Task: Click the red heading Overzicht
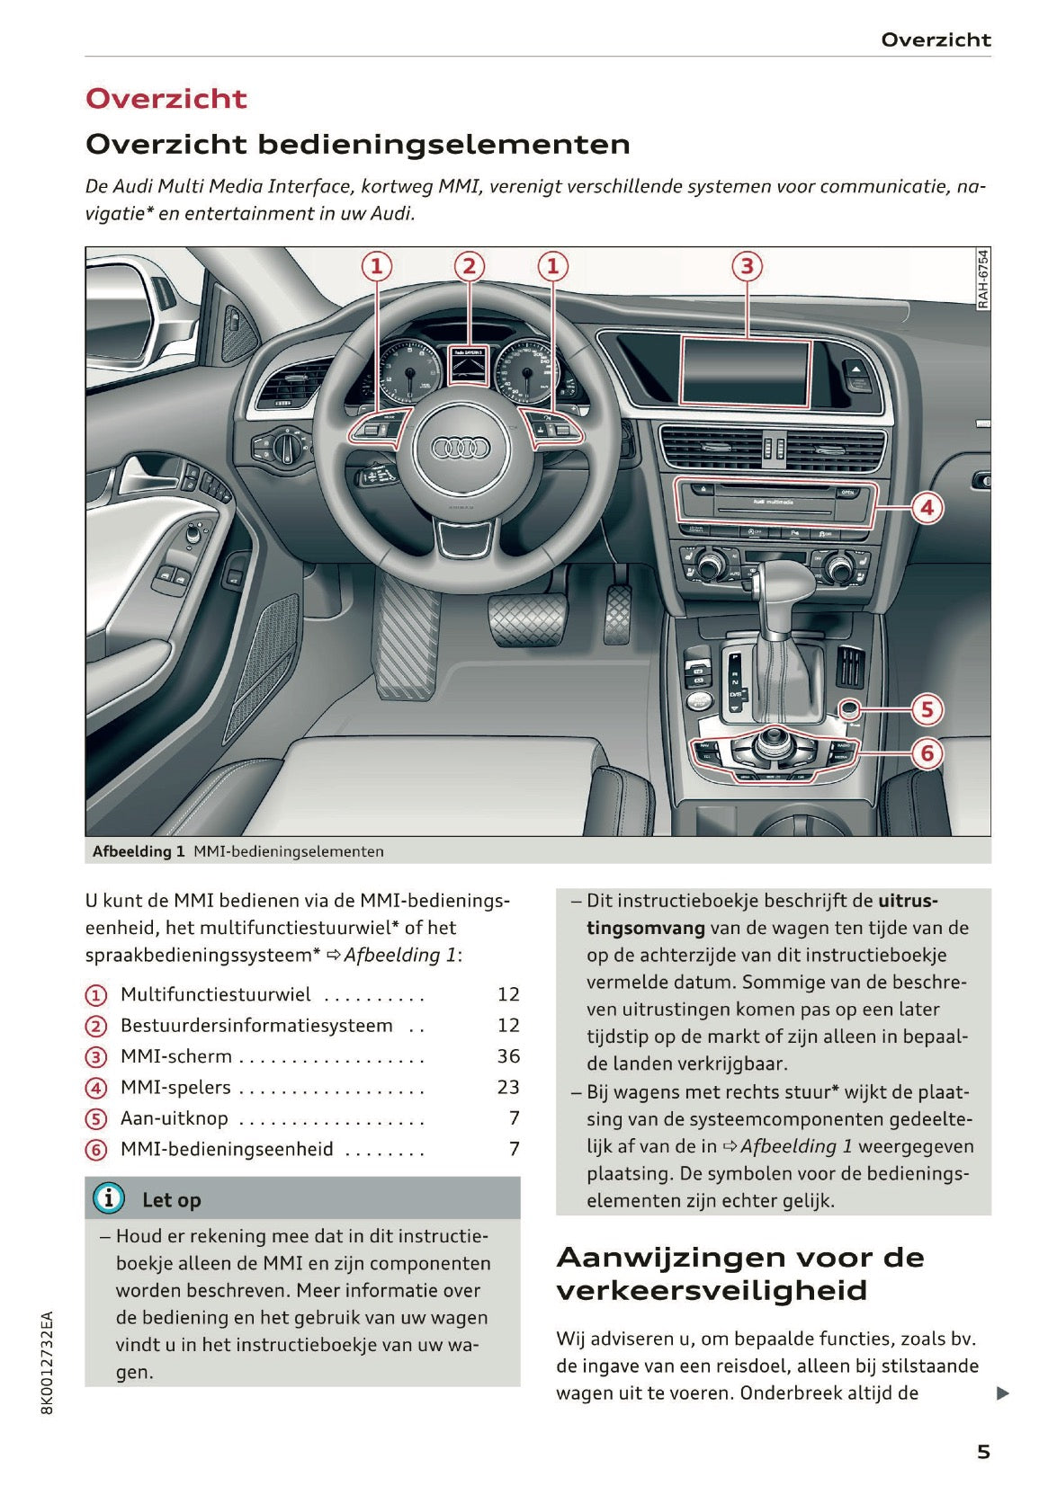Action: [x=166, y=99]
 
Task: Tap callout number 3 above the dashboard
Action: [x=746, y=266]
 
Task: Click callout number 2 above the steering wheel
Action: [x=468, y=266]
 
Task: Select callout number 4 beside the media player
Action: [x=927, y=508]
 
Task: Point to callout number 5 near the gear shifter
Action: [x=927, y=710]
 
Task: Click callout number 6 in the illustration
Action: [x=927, y=752]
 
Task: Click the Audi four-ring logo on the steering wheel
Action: [x=460, y=448]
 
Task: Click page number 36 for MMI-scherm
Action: [x=508, y=1056]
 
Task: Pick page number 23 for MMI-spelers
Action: [x=508, y=1087]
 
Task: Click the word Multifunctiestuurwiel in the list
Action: [x=216, y=994]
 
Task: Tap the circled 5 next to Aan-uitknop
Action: [x=96, y=1119]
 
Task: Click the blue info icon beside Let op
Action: [x=109, y=1198]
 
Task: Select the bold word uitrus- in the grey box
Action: [x=907, y=901]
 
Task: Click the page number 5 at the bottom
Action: [x=983, y=1452]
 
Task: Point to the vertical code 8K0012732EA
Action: [x=48, y=1362]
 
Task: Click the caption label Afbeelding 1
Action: [x=139, y=851]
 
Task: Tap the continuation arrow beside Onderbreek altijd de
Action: [x=1003, y=1393]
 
